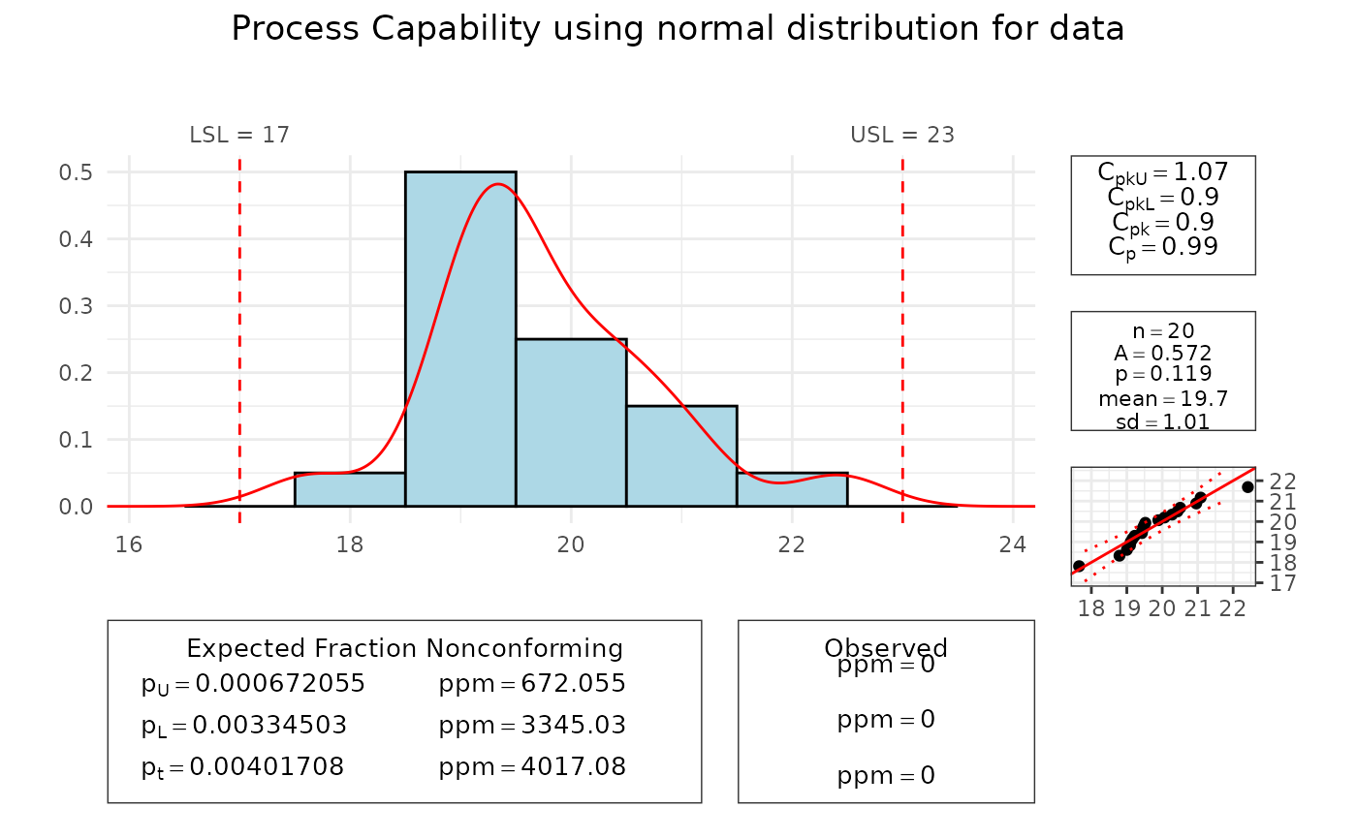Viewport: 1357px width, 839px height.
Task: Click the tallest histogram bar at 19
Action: coord(460,339)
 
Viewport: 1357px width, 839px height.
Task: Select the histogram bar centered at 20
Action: coord(571,422)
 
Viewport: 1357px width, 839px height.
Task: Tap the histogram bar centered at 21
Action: coord(681,455)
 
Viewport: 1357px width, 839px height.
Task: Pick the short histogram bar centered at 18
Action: coord(350,489)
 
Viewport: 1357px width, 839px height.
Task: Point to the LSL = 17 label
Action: coord(239,135)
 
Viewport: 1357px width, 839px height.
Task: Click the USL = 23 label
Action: coord(902,135)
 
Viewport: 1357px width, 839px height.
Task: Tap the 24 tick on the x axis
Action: coord(1013,544)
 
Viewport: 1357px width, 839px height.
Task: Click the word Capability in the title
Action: coord(439,29)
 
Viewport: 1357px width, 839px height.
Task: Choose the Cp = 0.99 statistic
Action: coord(1163,246)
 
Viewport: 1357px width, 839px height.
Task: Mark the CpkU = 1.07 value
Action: coord(1163,172)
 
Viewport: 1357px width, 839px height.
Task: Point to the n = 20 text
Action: coord(1163,330)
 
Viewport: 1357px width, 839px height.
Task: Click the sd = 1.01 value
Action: coord(1163,420)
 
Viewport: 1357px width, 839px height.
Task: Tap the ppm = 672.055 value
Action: coord(532,684)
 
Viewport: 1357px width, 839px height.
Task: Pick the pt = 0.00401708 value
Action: coord(242,767)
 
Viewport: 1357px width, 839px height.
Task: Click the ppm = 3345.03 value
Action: coord(532,726)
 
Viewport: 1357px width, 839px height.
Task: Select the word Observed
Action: coord(886,648)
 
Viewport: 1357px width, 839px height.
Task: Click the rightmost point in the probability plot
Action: coord(1247,486)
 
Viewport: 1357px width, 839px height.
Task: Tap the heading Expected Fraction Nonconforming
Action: coord(404,648)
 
